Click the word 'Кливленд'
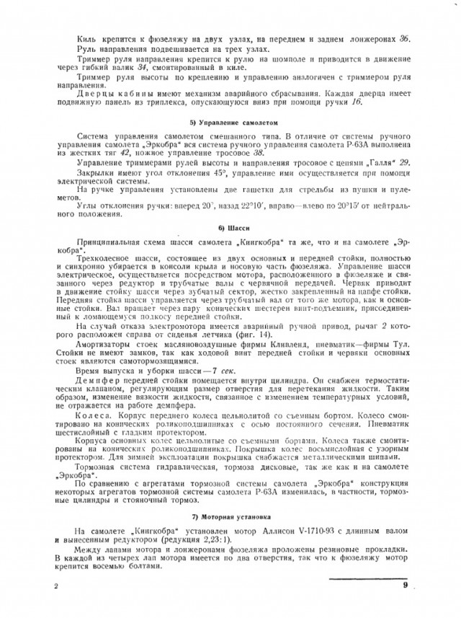[260, 347]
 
